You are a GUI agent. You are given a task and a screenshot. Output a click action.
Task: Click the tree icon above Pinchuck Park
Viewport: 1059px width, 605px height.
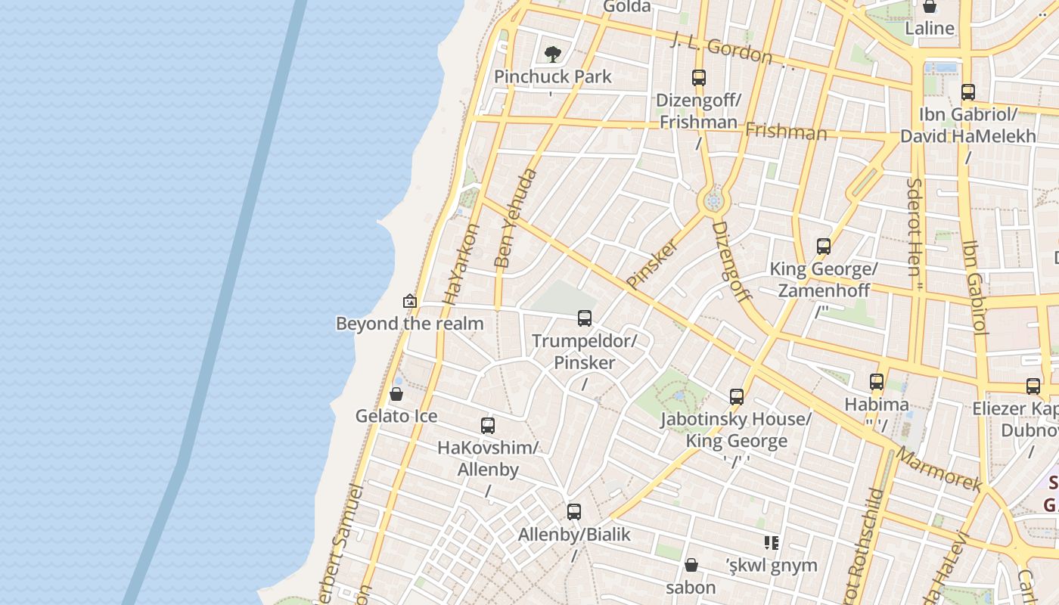coord(553,54)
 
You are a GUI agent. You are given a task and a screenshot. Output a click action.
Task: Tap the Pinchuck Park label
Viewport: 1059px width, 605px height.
coord(552,76)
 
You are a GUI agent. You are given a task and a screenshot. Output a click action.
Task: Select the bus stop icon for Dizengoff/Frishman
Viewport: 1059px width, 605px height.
coord(699,77)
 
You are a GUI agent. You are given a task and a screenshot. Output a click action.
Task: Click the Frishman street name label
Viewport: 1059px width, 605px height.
coord(786,132)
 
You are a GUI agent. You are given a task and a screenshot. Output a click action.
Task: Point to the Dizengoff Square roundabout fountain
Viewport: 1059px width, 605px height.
coord(713,201)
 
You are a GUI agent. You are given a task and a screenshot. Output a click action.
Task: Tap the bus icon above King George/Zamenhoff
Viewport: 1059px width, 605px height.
coord(824,246)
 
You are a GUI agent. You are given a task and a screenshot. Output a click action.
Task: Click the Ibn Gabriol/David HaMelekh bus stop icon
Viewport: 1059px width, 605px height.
coord(968,92)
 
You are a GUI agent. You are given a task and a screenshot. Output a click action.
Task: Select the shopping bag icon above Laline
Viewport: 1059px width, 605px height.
coord(930,7)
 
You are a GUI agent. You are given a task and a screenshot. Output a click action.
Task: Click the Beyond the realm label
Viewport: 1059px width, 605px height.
coord(409,324)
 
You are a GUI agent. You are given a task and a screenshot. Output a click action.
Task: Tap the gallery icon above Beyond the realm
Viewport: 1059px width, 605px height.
coord(410,301)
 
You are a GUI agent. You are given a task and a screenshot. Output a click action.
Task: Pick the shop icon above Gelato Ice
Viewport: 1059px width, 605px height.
coord(396,394)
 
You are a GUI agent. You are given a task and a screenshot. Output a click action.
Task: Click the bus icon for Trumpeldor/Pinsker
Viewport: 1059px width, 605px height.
coord(585,318)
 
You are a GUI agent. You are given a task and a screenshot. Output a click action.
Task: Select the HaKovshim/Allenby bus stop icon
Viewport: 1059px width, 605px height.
coord(488,425)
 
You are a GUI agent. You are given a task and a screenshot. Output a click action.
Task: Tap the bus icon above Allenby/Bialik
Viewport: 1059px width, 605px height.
coord(574,511)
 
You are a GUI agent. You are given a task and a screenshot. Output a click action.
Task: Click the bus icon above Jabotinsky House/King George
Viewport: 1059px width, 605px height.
coord(737,396)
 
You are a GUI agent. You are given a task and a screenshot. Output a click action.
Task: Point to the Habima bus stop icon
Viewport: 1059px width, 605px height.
coord(877,382)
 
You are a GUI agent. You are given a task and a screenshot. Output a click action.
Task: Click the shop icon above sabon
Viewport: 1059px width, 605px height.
coord(691,565)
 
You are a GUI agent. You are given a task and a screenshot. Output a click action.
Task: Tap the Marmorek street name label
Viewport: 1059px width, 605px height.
coord(938,469)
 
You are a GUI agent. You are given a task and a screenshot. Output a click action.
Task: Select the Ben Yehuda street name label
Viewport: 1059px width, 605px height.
coord(515,219)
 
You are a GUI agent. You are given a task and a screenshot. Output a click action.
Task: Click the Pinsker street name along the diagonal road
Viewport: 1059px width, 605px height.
coord(652,264)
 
